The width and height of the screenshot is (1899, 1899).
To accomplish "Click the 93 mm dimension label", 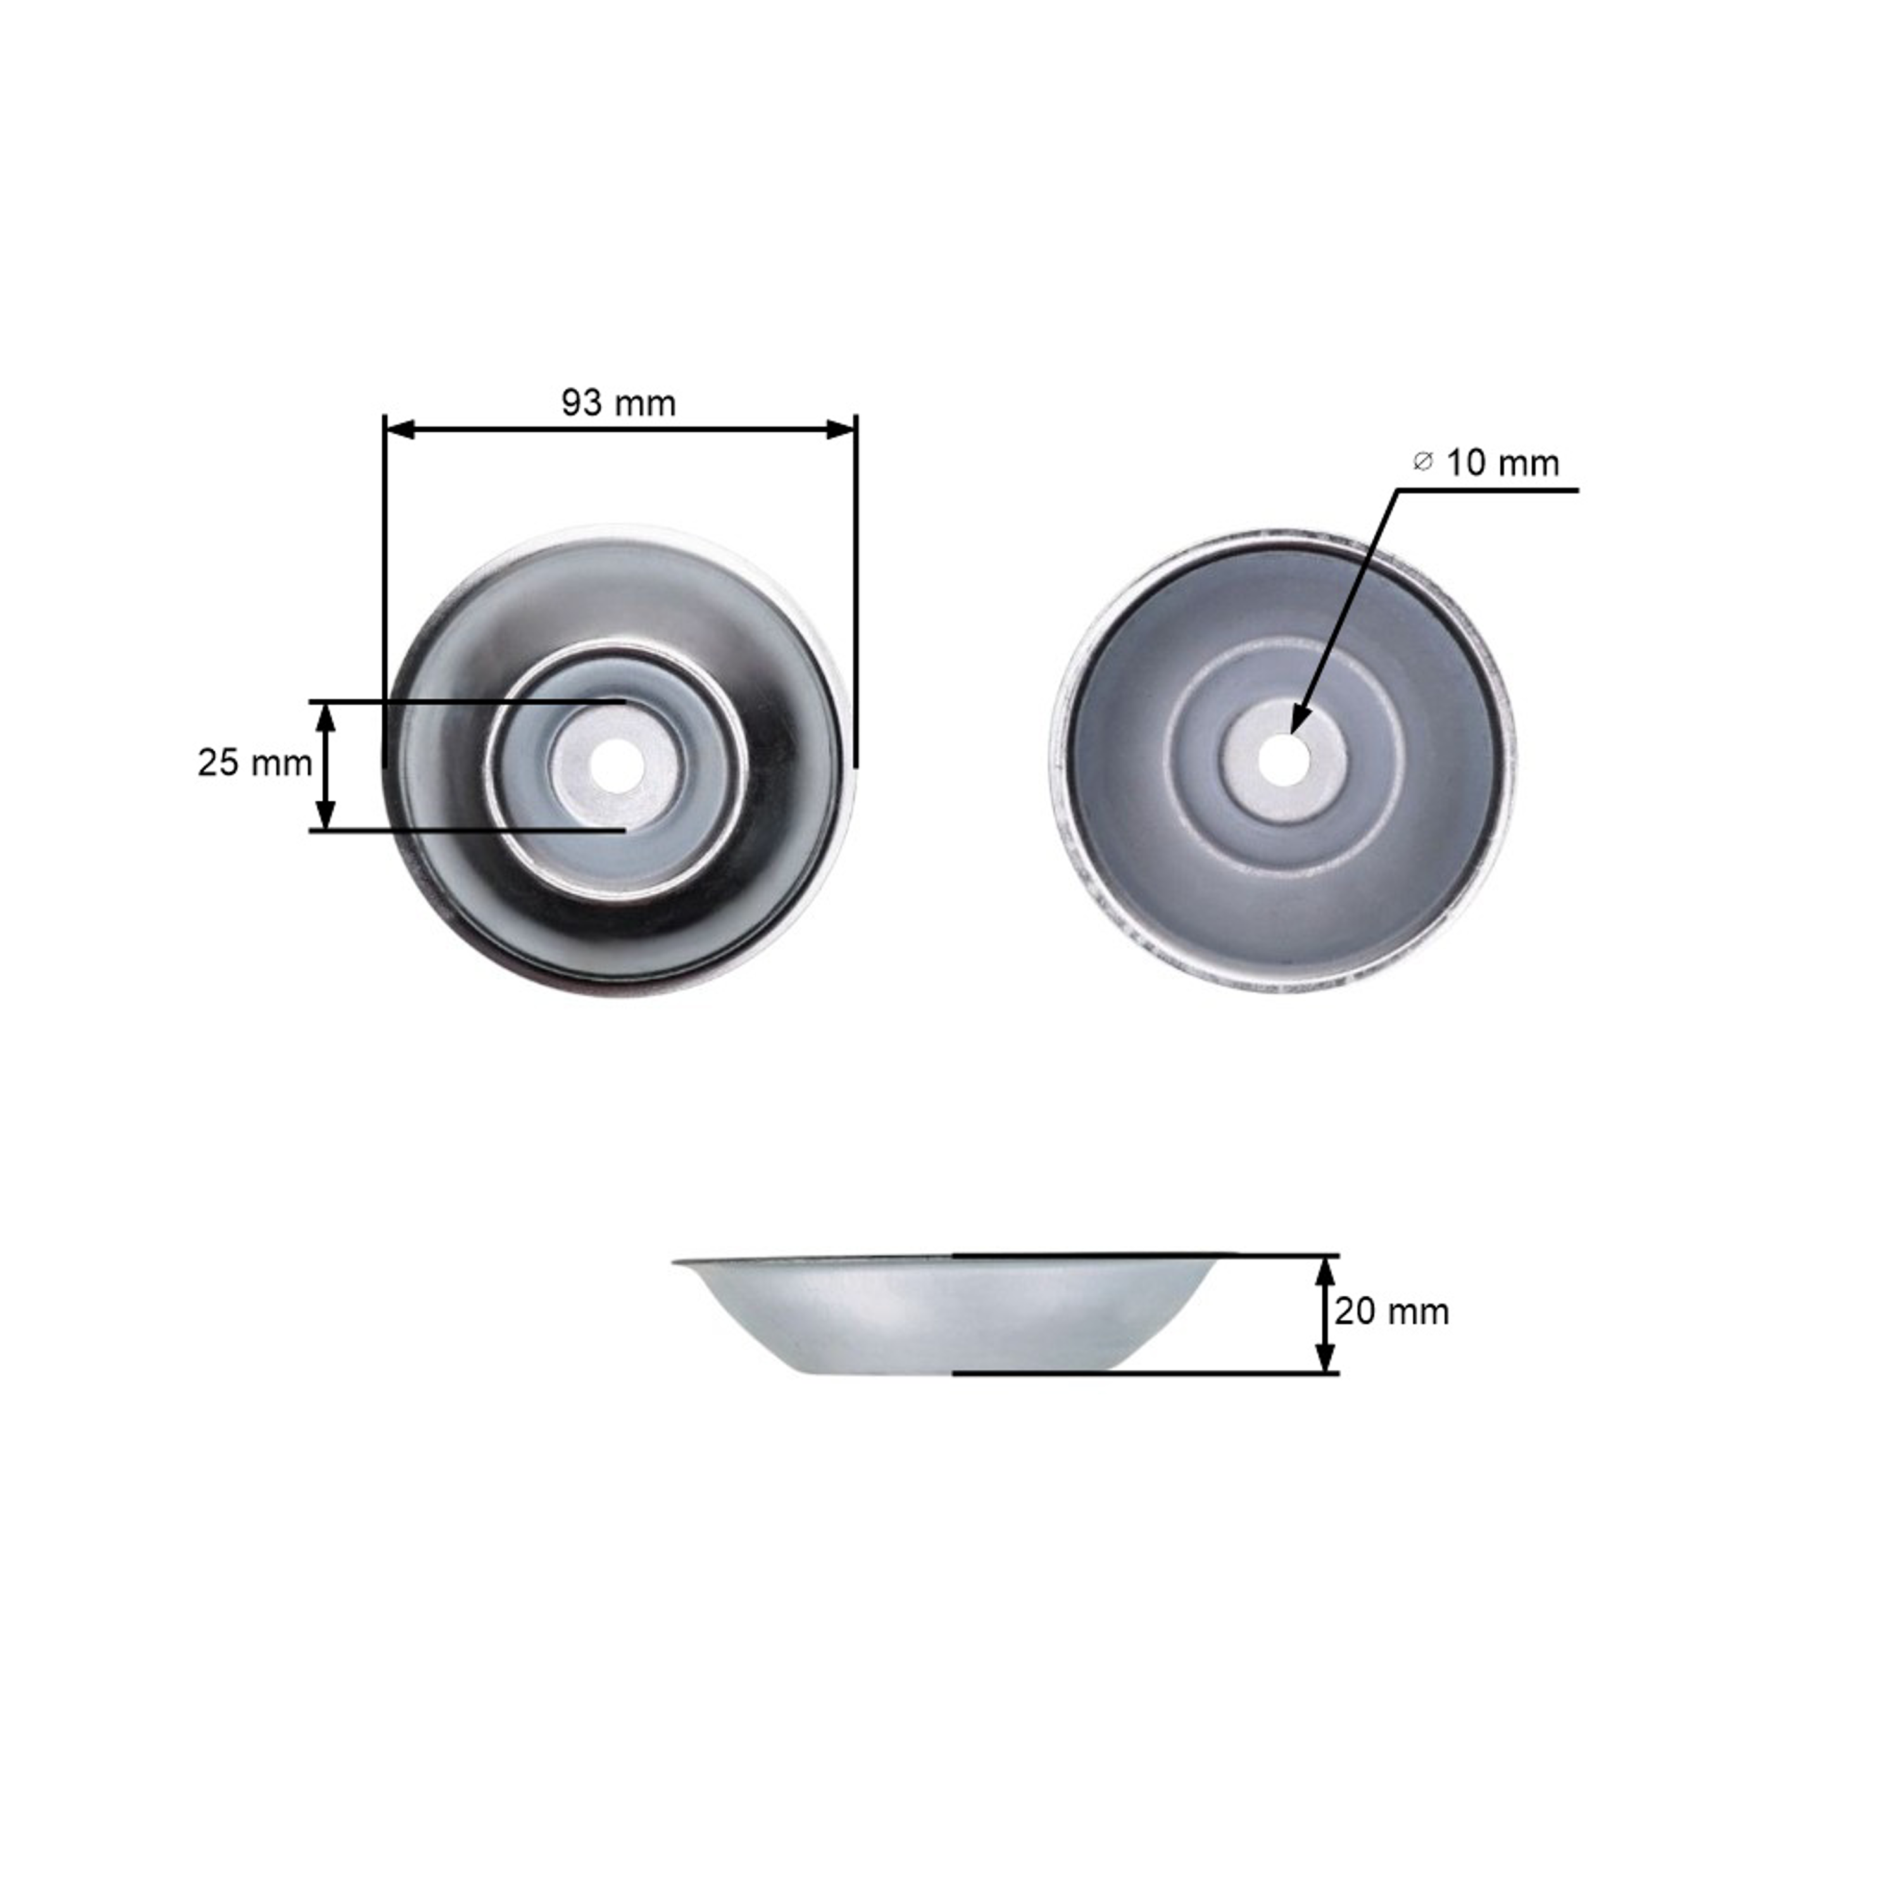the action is click(x=618, y=403).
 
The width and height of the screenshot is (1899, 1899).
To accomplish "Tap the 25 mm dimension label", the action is click(x=254, y=763).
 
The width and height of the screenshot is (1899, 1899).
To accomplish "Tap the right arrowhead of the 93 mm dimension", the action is click(x=841, y=430).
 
